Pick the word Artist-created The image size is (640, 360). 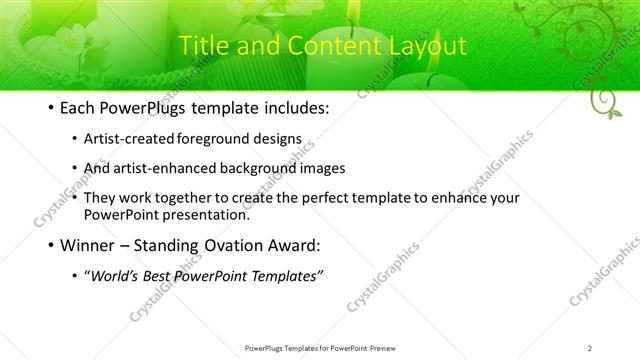124,141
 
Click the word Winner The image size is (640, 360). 88,244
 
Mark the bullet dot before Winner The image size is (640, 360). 51,245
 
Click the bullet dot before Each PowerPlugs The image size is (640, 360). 51,106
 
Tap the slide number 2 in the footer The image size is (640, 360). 590,347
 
